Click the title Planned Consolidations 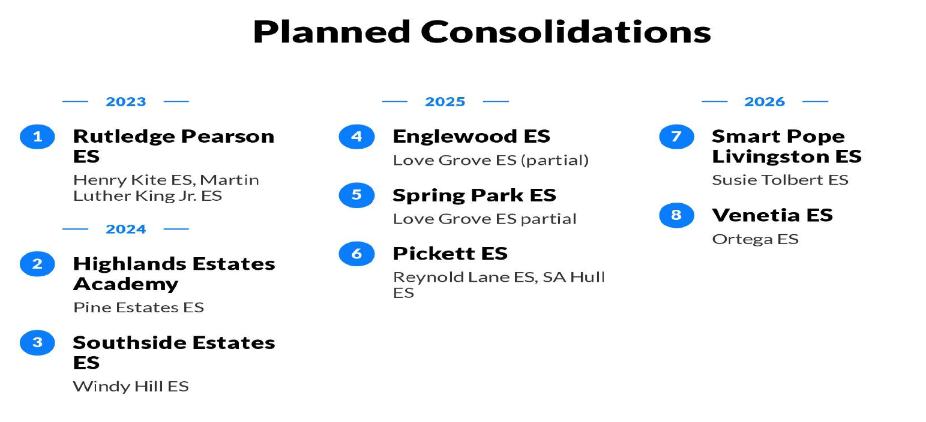[482, 32]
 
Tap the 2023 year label [126, 101]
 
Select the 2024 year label [126, 229]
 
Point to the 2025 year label [445, 101]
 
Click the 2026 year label [765, 101]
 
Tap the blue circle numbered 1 [37, 137]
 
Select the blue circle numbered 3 [37, 343]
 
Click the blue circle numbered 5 [356, 195]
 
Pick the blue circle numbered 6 [356, 254]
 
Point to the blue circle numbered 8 [677, 215]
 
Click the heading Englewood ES [471, 136]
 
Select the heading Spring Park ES [475, 195]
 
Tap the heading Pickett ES [450, 254]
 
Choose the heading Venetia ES [772, 215]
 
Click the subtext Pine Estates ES [139, 308]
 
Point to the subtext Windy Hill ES [131, 387]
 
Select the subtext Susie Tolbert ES [780, 180]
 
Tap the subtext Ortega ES [756, 239]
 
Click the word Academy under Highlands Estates [125, 285]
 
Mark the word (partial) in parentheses [555, 160]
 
